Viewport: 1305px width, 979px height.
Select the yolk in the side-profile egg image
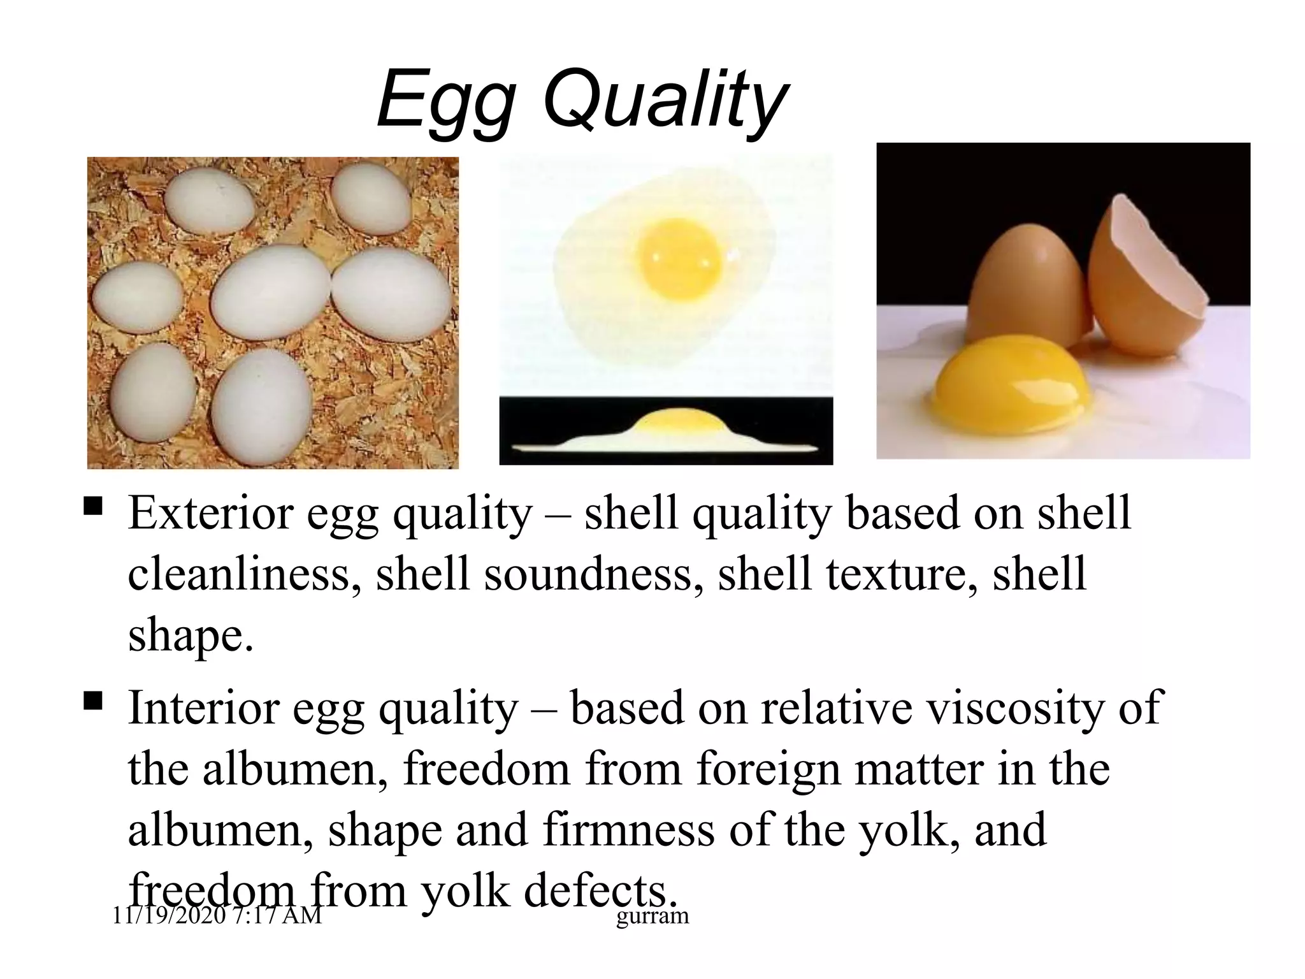(675, 421)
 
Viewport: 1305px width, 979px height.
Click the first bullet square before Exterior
(93, 507)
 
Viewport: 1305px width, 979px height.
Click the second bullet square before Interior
(93, 702)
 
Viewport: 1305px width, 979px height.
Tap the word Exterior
(210, 513)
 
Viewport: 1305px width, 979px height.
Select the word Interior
(203, 707)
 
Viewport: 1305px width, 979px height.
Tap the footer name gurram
(652, 917)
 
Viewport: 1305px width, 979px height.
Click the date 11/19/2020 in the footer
(168, 917)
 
